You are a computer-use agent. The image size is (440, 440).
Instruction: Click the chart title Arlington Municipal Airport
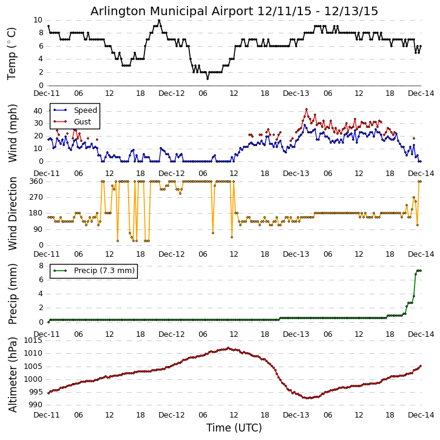coord(234,11)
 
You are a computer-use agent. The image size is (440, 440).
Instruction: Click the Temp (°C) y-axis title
coord(12,53)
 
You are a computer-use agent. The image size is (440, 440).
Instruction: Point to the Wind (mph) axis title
coord(12,133)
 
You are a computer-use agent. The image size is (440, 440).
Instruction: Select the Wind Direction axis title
coord(12,213)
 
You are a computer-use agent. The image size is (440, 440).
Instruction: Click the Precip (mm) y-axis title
coord(12,294)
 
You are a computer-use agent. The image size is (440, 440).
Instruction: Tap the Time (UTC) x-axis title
coord(234,428)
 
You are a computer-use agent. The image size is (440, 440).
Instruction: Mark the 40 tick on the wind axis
coord(37,110)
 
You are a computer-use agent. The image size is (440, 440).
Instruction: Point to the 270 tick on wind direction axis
coord(35,197)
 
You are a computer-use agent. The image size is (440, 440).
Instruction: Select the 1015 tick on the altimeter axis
coord(33,340)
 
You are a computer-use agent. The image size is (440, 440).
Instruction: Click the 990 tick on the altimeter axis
coord(35,405)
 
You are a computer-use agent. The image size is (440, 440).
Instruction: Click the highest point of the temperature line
coord(159,20)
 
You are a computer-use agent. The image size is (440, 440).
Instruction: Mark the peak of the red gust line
coord(306,109)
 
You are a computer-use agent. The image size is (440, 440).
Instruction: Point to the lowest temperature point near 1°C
coord(207,78)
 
